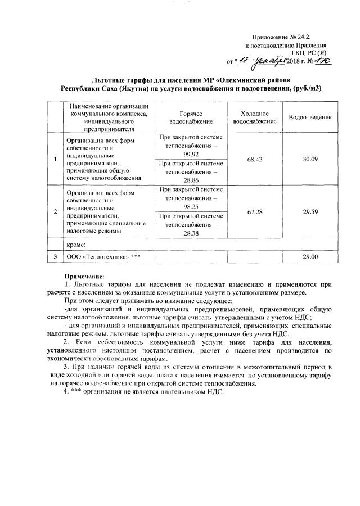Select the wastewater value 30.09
pos(310,159)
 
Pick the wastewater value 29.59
pos(310,210)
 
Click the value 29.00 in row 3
pos(310,257)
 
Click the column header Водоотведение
pos(310,117)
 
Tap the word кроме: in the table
pos(76,245)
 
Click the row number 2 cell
pos(55,211)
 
